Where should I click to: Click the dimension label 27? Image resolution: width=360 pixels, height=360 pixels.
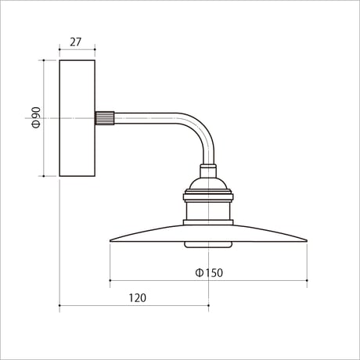coord(76,42)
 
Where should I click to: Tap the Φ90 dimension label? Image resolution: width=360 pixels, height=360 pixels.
coord(37,117)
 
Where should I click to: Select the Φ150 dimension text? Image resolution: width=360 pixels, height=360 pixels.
coord(209,273)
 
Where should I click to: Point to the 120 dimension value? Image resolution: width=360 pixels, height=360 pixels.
coord(138,298)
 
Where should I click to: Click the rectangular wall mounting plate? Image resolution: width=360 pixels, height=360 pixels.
coord(77,118)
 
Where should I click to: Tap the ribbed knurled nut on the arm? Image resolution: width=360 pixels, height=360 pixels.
coord(105,118)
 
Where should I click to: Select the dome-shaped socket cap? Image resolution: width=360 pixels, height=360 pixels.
coord(208,184)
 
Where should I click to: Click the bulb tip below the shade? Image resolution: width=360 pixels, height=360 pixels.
coord(208,245)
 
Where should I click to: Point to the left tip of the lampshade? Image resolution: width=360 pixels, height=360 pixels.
coord(110,240)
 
